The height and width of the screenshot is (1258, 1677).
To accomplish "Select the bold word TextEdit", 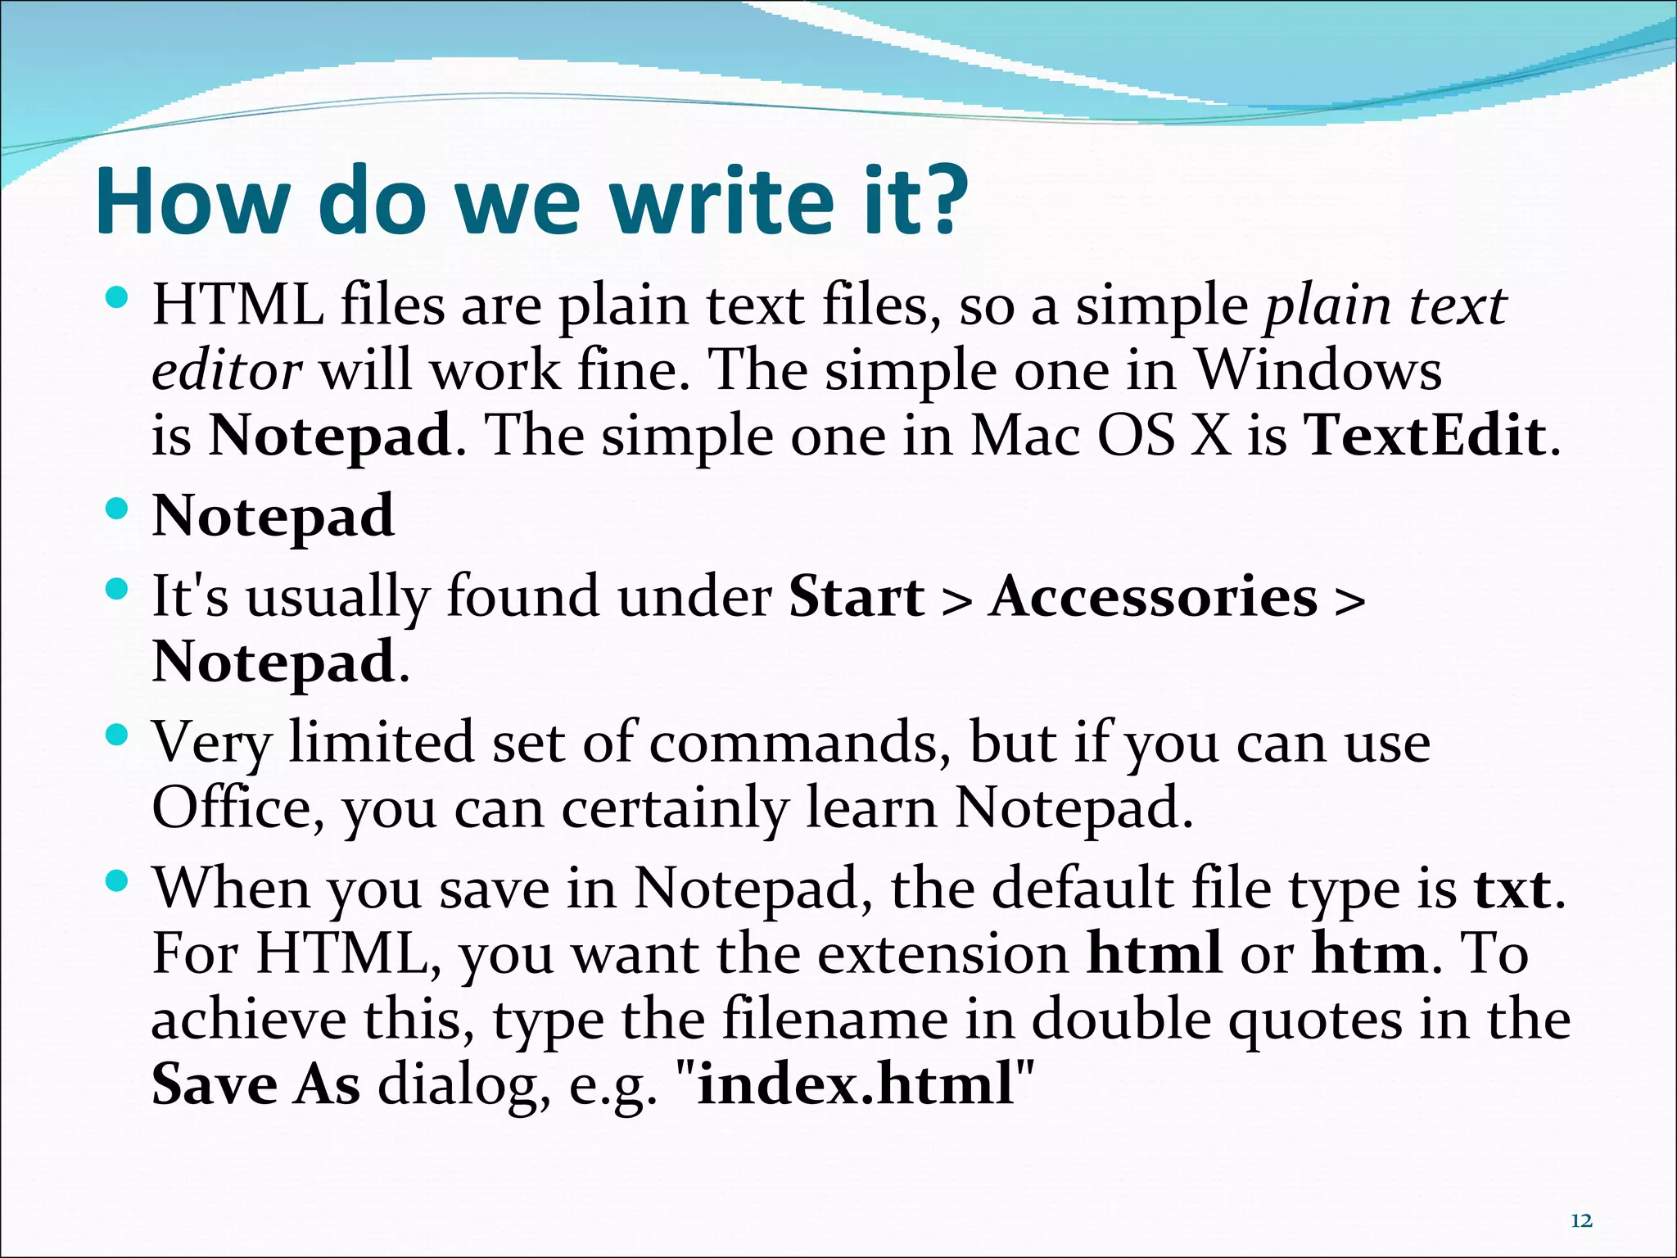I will coord(1426,435).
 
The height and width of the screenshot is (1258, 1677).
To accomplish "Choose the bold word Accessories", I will coord(1153,596).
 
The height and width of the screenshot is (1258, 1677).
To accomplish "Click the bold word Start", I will coord(856,596).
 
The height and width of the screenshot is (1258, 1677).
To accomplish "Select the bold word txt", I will coord(1512,889).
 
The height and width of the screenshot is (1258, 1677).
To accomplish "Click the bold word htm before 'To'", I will coord(1370,954).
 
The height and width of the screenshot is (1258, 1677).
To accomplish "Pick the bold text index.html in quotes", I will coord(856,1084).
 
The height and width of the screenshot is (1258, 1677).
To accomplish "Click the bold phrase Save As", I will coord(255,1084).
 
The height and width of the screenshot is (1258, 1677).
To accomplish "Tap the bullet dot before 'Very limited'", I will coord(118,735).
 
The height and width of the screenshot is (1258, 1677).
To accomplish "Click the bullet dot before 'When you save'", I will coord(118,881).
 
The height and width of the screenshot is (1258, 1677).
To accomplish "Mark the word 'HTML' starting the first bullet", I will coord(237,305).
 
